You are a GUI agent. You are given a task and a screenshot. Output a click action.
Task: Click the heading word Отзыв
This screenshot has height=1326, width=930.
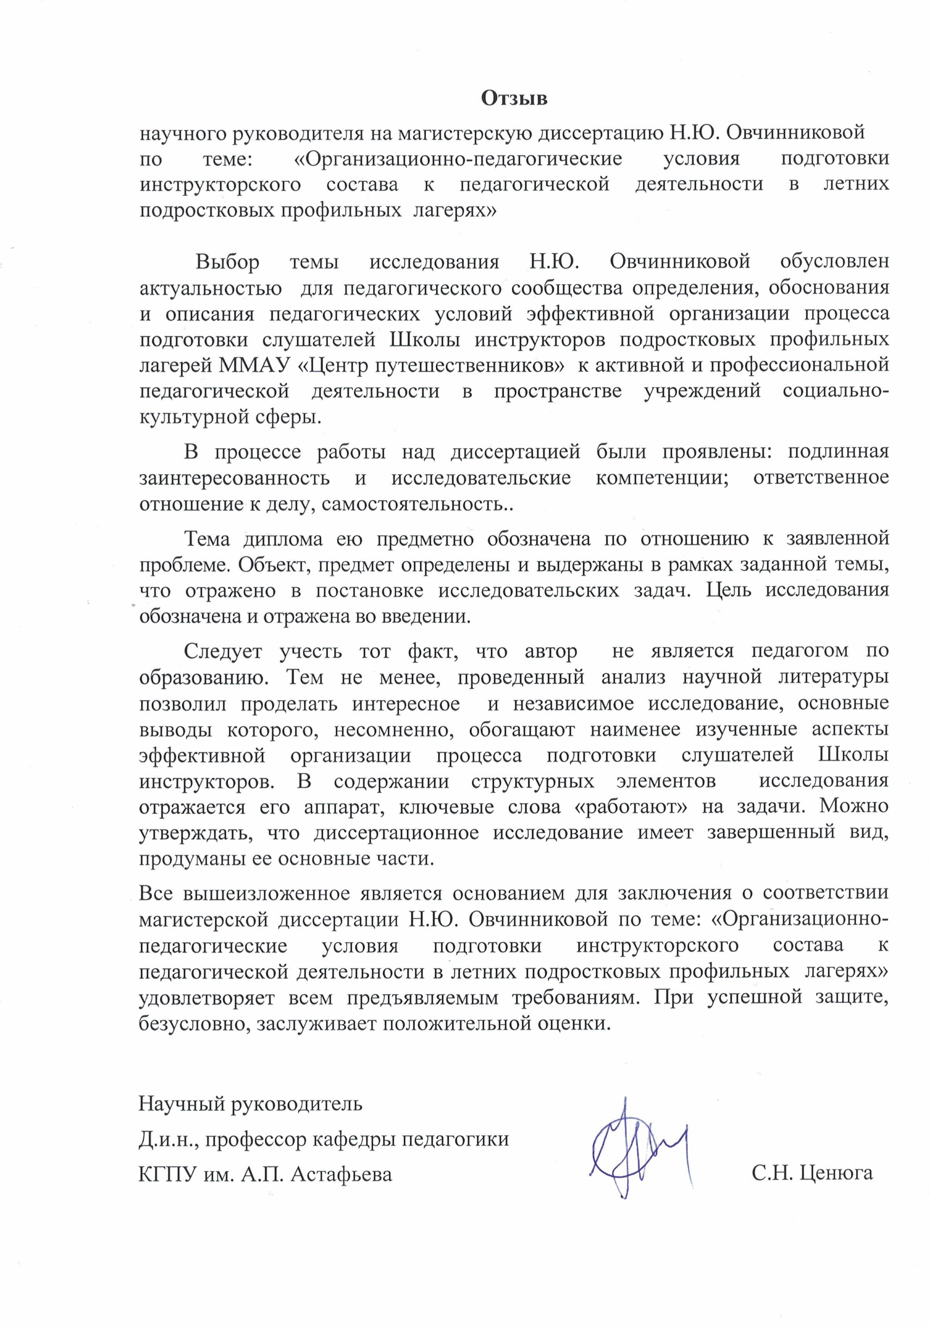pos(514,99)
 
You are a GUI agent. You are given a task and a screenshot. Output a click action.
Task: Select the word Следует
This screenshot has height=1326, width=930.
pos(223,651)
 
